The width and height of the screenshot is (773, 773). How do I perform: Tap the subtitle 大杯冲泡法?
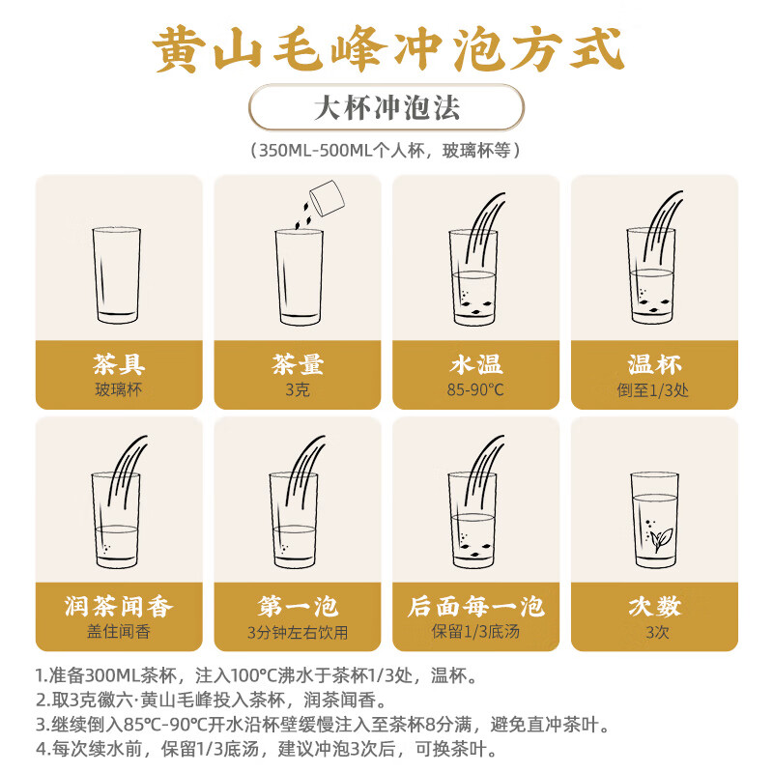tap(386, 107)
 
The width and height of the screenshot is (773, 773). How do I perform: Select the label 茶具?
tap(119, 364)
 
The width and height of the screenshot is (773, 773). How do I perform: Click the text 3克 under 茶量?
tap(297, 390)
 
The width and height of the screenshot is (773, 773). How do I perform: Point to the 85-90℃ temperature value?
tap(475, 390)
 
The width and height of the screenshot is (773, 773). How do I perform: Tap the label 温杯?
tap(654, 364)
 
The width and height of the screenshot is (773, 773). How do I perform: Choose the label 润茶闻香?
tap(119, 606)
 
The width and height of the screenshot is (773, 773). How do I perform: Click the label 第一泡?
tap(297, 606)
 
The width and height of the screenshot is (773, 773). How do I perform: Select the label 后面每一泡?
tap(475, 606)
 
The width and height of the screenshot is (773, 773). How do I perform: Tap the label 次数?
tap(654, 606)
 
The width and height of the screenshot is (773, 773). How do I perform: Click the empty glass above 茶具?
tap(118, 277)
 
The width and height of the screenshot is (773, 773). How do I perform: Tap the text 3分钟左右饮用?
tap(297, 633)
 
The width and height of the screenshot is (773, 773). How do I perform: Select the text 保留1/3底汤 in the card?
tap(475, 633)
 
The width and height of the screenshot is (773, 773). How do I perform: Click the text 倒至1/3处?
tap(654, 390)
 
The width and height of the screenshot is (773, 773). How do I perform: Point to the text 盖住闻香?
tap(119, 633)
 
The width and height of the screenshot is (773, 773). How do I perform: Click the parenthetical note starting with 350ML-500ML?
tap(386, 151)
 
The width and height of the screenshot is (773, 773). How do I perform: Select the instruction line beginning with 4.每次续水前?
tap(280, 749)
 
